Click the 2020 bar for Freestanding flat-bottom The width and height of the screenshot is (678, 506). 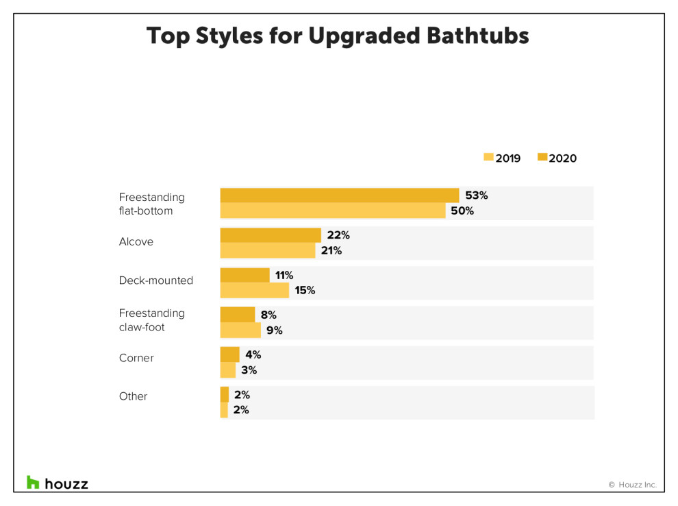pos(339,195)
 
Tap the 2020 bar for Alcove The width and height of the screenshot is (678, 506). pos(270,235)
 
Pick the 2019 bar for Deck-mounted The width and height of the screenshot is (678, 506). pos(254,290)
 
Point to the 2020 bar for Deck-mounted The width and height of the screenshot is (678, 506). pos(244,275)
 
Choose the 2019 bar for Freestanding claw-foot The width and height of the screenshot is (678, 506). pos(240,330)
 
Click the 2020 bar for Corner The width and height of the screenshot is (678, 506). pos(229,354)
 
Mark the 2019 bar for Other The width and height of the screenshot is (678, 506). pos(224,410)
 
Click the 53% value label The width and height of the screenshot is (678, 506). pos(476,195)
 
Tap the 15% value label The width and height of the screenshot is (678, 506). pos(305,290)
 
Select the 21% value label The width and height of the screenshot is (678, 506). pos(331,250)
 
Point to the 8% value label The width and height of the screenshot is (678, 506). pos(268,315)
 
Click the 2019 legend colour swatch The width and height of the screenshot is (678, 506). pos(488,158)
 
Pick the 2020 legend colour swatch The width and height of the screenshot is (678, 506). pos(542,158)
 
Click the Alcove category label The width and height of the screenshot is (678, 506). pos(136,242)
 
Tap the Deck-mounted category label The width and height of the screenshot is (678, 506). pos(156,280)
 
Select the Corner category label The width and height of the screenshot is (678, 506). pos(136,358)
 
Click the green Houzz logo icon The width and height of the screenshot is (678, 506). pos(33,482)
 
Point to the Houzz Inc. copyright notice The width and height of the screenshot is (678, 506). pos(632,485)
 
